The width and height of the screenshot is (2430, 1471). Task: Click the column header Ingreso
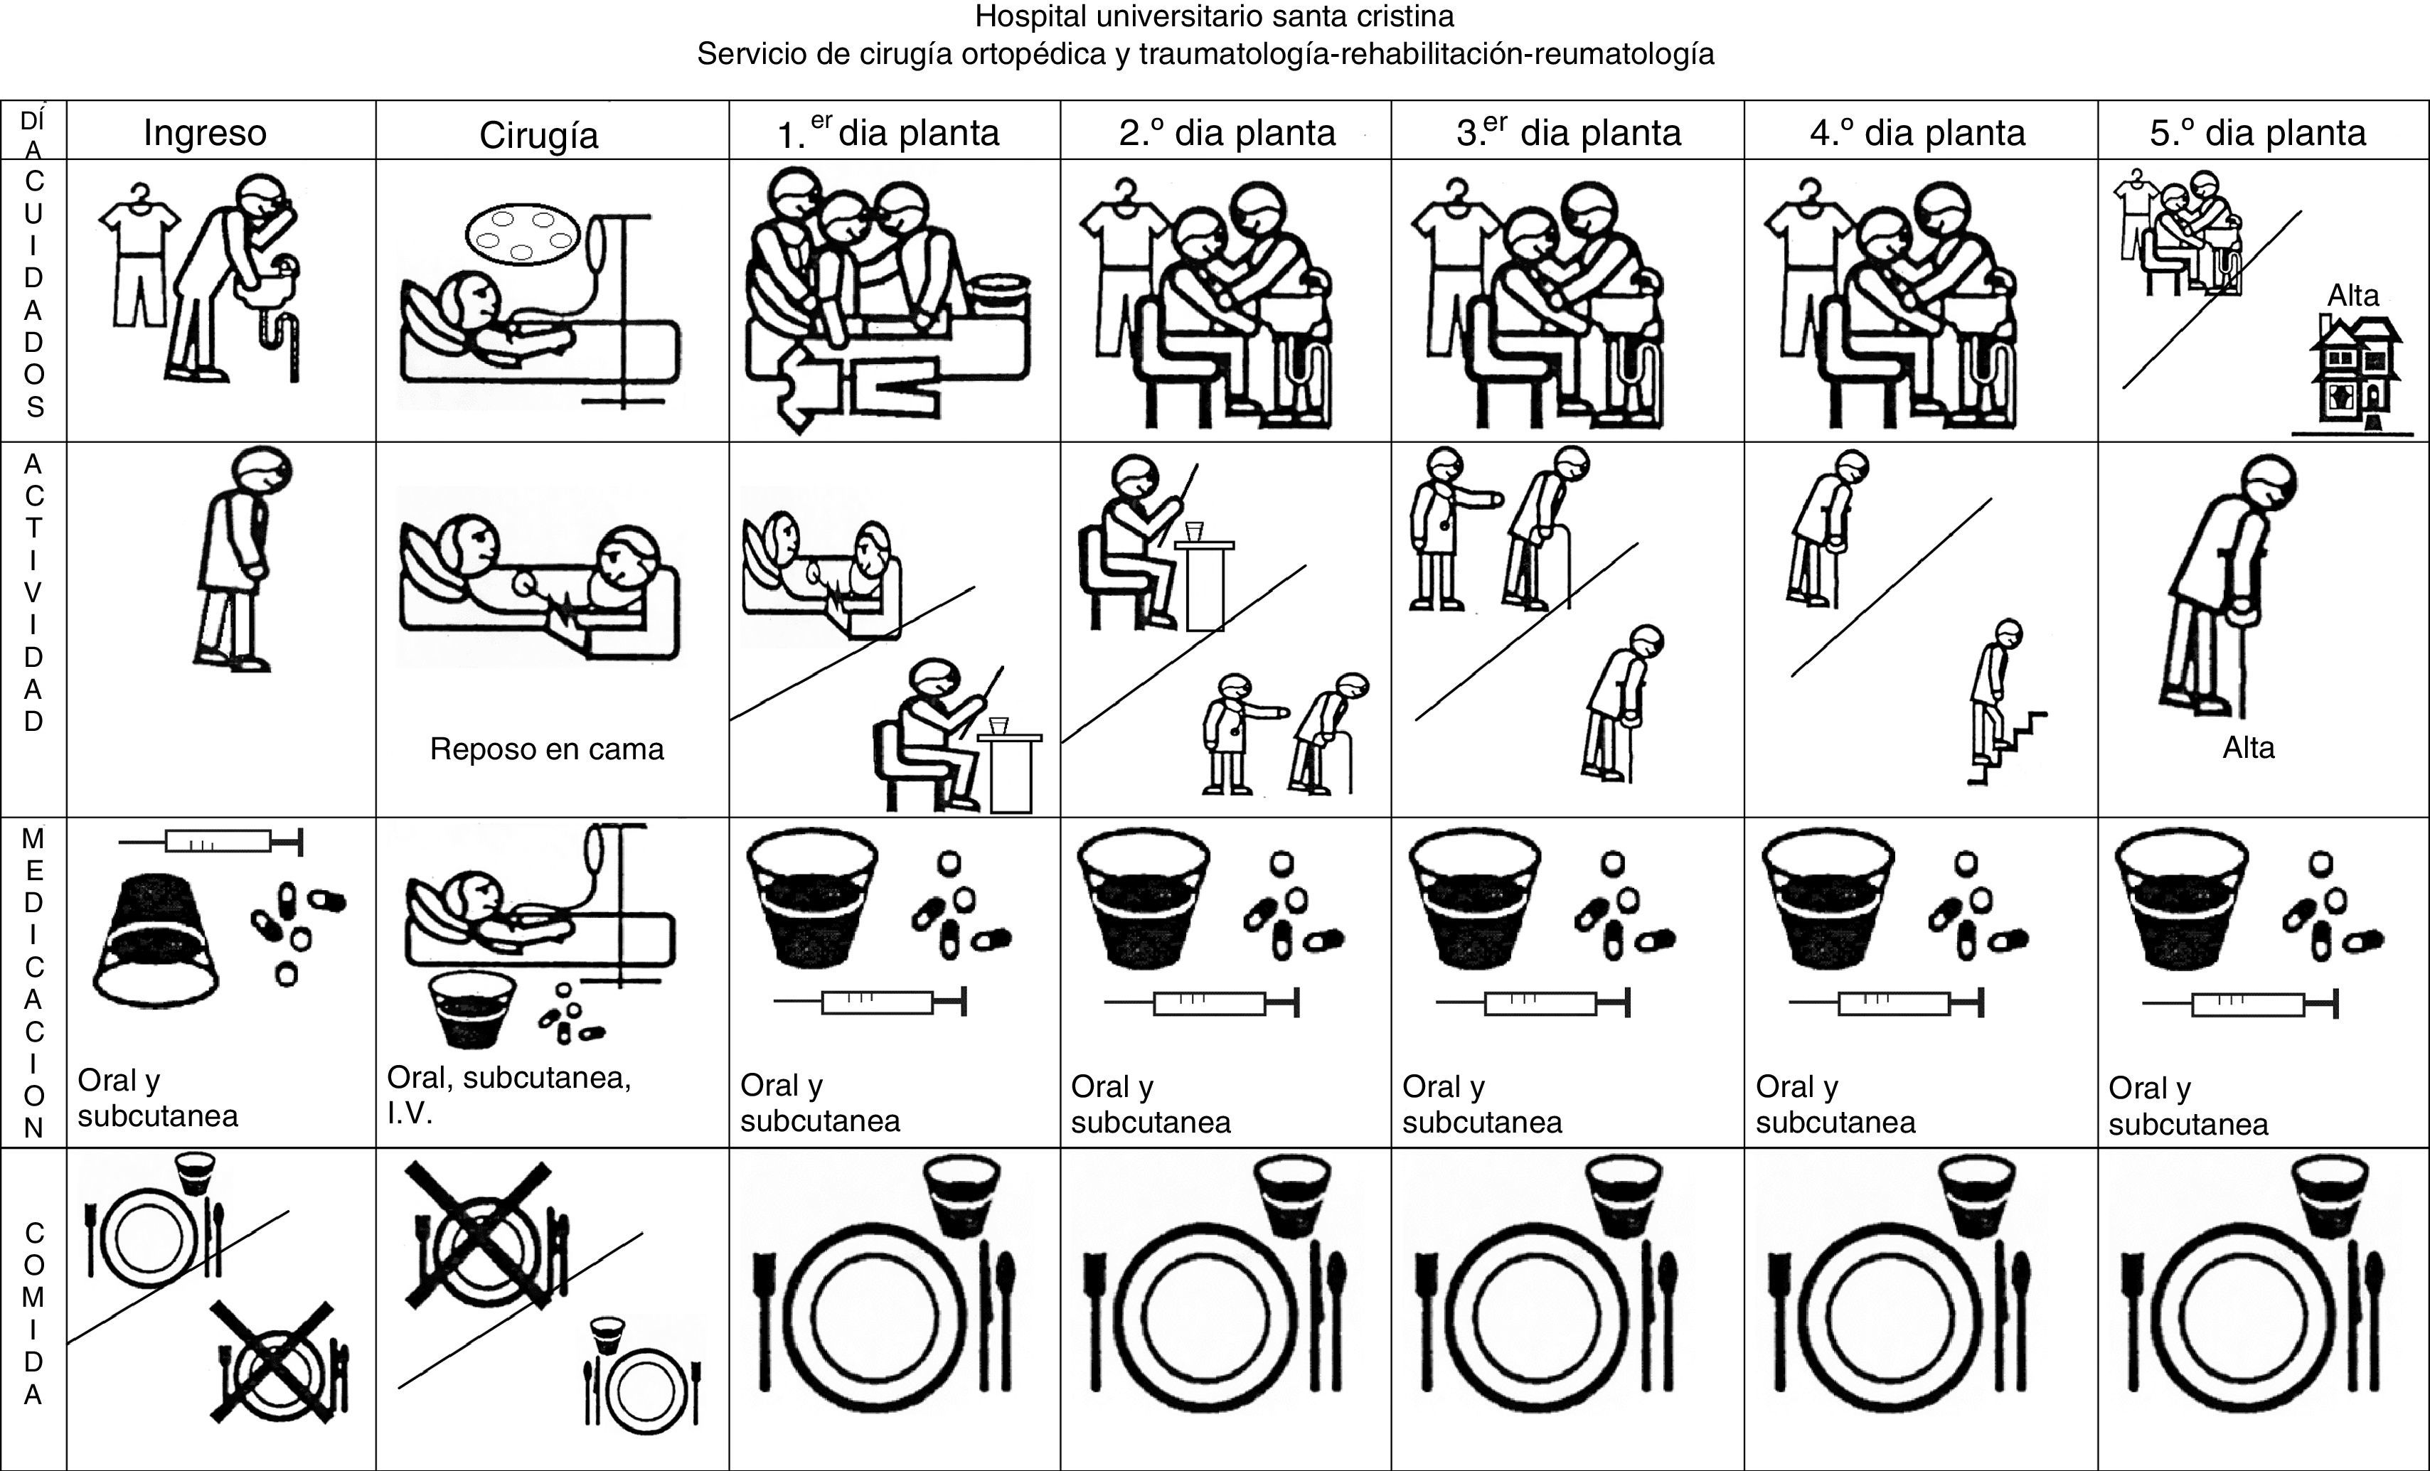point(205,132)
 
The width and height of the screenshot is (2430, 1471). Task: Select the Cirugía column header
point(538,135)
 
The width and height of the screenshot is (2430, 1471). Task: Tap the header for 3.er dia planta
point(1568,132)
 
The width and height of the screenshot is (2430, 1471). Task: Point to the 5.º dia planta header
point(2257,132)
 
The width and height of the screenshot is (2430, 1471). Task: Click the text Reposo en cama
point(546,749)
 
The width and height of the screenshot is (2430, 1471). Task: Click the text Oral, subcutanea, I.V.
point(508,1094)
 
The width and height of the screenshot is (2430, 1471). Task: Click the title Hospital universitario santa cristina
point(1214,17)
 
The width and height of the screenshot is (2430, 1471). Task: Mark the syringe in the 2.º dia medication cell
point(1202,1002)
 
